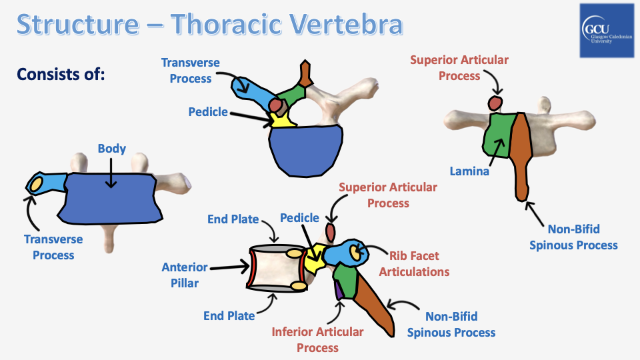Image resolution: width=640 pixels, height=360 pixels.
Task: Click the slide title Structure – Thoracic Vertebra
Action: click(x=210, y=24)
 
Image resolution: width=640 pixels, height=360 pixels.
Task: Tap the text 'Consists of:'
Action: click(x=61, y=73)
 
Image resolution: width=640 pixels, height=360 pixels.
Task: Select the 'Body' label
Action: click(x=111, y=149)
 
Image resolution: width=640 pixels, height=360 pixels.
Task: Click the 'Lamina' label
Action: click(x=470, y=171)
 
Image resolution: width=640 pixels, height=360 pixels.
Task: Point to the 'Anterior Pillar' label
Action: click(x=185, y=274)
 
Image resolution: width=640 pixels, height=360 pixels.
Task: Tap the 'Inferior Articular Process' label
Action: click(x=317, y=339)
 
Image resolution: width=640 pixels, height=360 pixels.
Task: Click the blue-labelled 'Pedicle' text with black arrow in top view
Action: click(x=208, y=113)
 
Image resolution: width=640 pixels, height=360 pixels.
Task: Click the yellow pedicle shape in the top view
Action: click(x=281, y=120)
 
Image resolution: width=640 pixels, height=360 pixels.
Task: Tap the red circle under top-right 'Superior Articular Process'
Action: click(x=495, y=103)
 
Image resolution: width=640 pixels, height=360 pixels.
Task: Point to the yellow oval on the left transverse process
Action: click(x=36, y=183)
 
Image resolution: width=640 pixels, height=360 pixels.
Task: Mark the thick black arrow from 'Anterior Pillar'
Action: click(x=229, y=267)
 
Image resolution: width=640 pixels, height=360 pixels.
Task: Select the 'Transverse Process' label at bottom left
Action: click(x=53, y=247)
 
